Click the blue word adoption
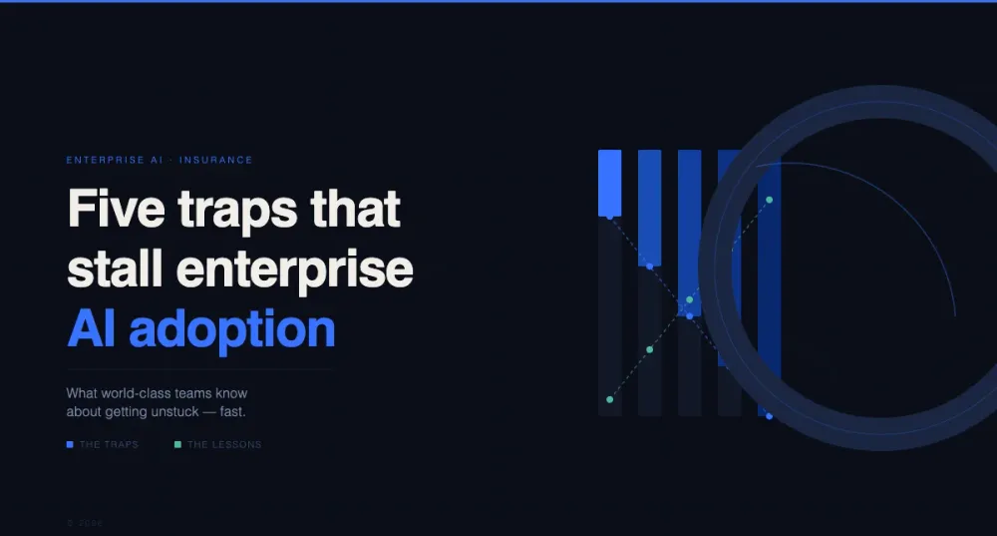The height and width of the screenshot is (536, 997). click(231, 329)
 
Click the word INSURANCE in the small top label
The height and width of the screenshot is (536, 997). click(216, 160)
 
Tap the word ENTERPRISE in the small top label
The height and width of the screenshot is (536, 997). click(101, 160)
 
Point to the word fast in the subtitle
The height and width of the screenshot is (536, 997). click(230, 411)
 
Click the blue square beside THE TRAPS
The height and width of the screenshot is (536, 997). click(70, 444)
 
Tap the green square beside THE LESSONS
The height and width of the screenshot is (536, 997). click(177, 444)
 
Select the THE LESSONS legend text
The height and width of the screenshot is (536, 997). click(224, 444)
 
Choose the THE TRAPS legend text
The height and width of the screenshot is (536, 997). click(109, 444)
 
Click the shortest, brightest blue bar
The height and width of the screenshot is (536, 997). click(609, 182)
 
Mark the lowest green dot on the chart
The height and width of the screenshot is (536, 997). click(610, 399)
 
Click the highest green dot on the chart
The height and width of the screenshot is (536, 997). click(769, 200)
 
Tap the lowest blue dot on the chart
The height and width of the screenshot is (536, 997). click(769, 416)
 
